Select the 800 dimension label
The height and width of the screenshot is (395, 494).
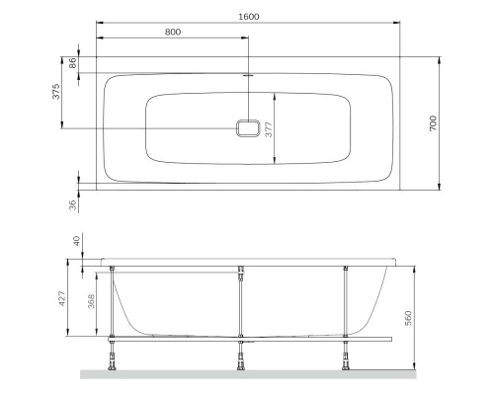(x=172, y=32)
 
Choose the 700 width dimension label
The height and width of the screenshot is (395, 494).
(x=433, y=123)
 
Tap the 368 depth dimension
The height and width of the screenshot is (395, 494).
(x=91, y=301)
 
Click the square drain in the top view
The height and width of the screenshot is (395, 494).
(x=249, y=127)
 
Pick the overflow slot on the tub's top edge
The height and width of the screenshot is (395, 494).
(x=249, y=73)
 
